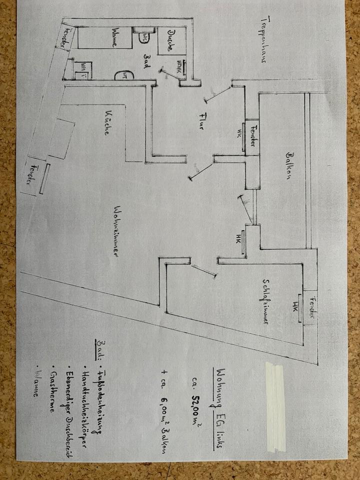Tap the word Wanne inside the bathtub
(115, 37)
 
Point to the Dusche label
(170, 40)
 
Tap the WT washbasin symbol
(122, 75)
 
